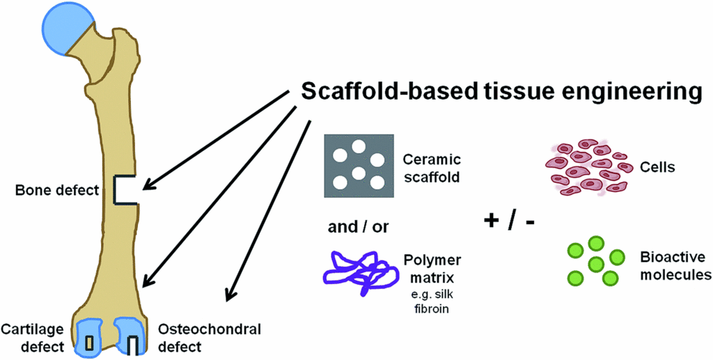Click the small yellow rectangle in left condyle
[x=89, y=342]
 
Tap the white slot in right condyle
[x=133, y=344]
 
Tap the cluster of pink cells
[x=583, y=168]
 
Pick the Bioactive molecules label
[x=675, y=266]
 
